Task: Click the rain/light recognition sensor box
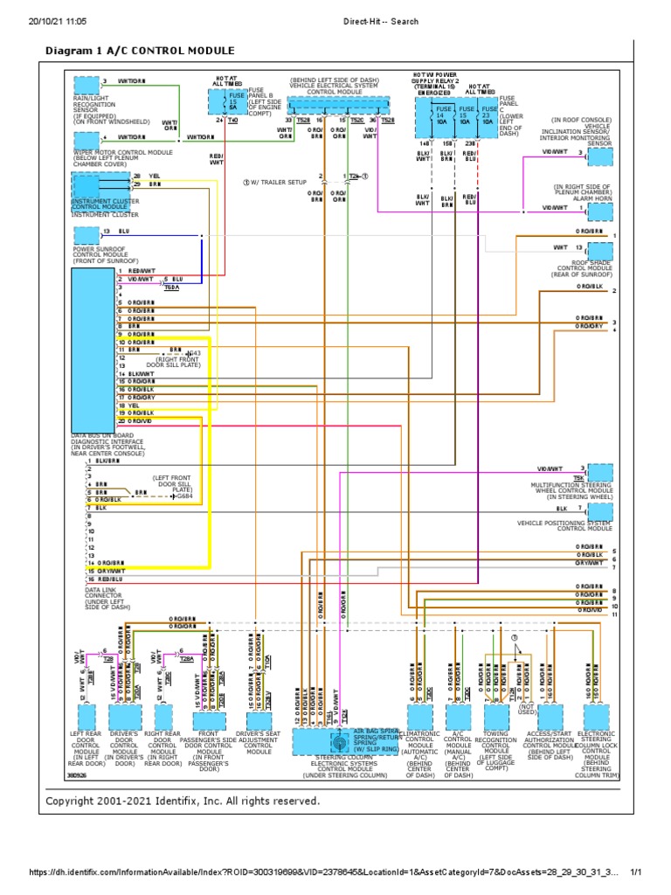click(x=86, y=84)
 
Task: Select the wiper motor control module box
click(x=86, y=136)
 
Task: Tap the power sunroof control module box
click(x=86, y=233)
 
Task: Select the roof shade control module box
click(x=599, y=250)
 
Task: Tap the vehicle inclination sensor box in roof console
click(x=599, y=156)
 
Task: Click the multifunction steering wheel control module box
click(x=599, y=472)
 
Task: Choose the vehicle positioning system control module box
click(x=599, y=512)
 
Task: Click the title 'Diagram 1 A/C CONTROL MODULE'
click(x=139, y=51)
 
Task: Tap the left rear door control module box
click(x=86, y=717)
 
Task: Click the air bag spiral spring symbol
click(x=336, y=727)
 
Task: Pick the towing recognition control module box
click(x=496, y=717)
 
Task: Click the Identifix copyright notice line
click(x=183, y=801)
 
